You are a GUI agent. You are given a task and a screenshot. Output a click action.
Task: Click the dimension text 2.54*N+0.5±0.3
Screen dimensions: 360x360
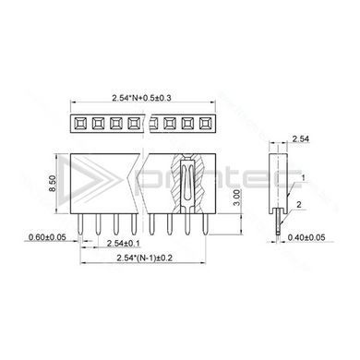pyautogui.click(x=141, y=98)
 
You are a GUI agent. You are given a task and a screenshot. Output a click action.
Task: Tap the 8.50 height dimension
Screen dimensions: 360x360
pyautogui.click(x=53, y=184)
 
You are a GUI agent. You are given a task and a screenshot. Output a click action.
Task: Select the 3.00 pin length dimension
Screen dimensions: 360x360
pyautogui.click(x=236, y=198)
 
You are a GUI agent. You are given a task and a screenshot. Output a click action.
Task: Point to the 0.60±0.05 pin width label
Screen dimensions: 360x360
pyautogui.click(x=47, y=237)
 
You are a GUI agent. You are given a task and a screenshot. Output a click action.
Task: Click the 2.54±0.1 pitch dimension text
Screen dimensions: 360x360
pyautogui.click(x=123, y=244)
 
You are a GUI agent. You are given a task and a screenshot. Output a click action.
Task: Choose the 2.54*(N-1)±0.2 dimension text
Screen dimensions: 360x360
pyautogui.click(x=144, y=258)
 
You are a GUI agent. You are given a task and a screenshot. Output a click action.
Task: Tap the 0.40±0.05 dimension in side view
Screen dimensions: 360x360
pyautogui.click(x=306, y=237)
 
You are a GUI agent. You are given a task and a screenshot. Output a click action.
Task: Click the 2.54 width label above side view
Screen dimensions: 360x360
pyautogui.click(x=300, y=138)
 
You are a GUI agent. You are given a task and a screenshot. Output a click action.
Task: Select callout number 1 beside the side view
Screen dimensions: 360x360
pyautogui.click(x=303, y=178)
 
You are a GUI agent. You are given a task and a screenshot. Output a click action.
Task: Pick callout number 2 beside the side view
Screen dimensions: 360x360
pyautogui.click(x=299, y=204)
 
